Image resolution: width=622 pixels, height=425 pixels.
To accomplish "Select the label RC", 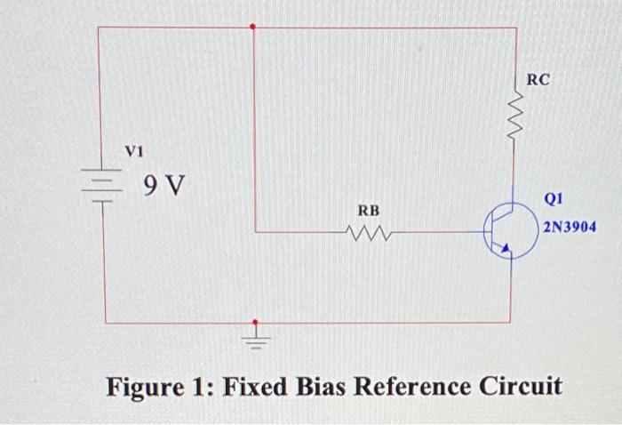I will point(538,80).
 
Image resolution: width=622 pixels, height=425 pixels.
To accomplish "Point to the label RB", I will point(369,211).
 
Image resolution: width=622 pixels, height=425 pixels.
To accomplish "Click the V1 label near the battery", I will point(133,152).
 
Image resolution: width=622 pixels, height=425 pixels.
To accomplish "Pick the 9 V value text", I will point(164,186).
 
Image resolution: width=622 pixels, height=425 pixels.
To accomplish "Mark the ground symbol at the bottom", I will point(257,339).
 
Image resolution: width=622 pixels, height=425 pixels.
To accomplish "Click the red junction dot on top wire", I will point(253,27).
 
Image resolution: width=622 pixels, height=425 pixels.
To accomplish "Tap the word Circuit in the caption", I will point(521,388).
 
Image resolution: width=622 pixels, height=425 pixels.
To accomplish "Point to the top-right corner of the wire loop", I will point(515,28).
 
